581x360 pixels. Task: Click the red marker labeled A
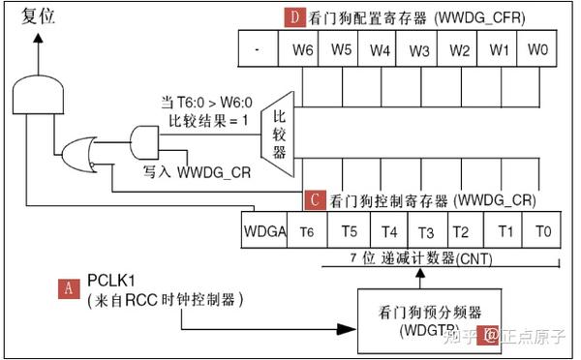coord(68,287)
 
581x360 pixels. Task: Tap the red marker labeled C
coord(315,201)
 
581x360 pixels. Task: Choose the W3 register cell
coord(418,47)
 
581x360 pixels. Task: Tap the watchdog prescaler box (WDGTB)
coord(419,319)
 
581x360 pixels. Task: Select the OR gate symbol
coord(78,152)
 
